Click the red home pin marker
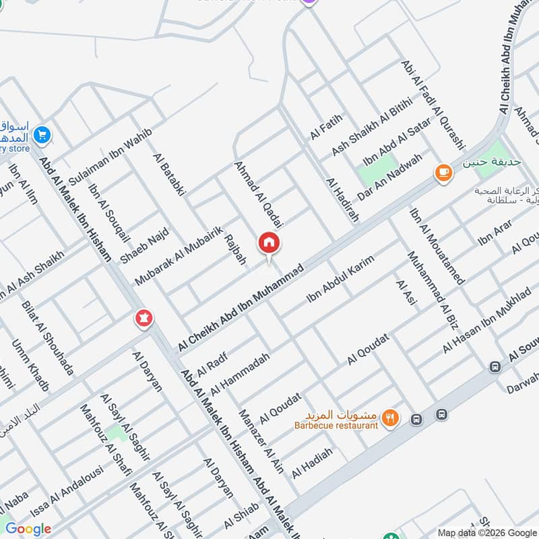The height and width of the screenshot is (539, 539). (x=269, y=243)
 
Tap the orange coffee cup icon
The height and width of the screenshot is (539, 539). (x=443, y=173)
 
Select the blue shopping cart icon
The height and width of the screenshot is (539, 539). (x=42, y=135)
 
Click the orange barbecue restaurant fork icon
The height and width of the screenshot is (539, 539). (x=389, y=419)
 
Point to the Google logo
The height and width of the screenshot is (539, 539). (x=28, y=529)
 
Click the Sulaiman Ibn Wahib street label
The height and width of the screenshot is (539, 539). (x=110, y=152)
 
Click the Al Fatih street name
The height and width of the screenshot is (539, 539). (x=327, y=127)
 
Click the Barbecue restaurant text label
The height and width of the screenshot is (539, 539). (x=336, y=425)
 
